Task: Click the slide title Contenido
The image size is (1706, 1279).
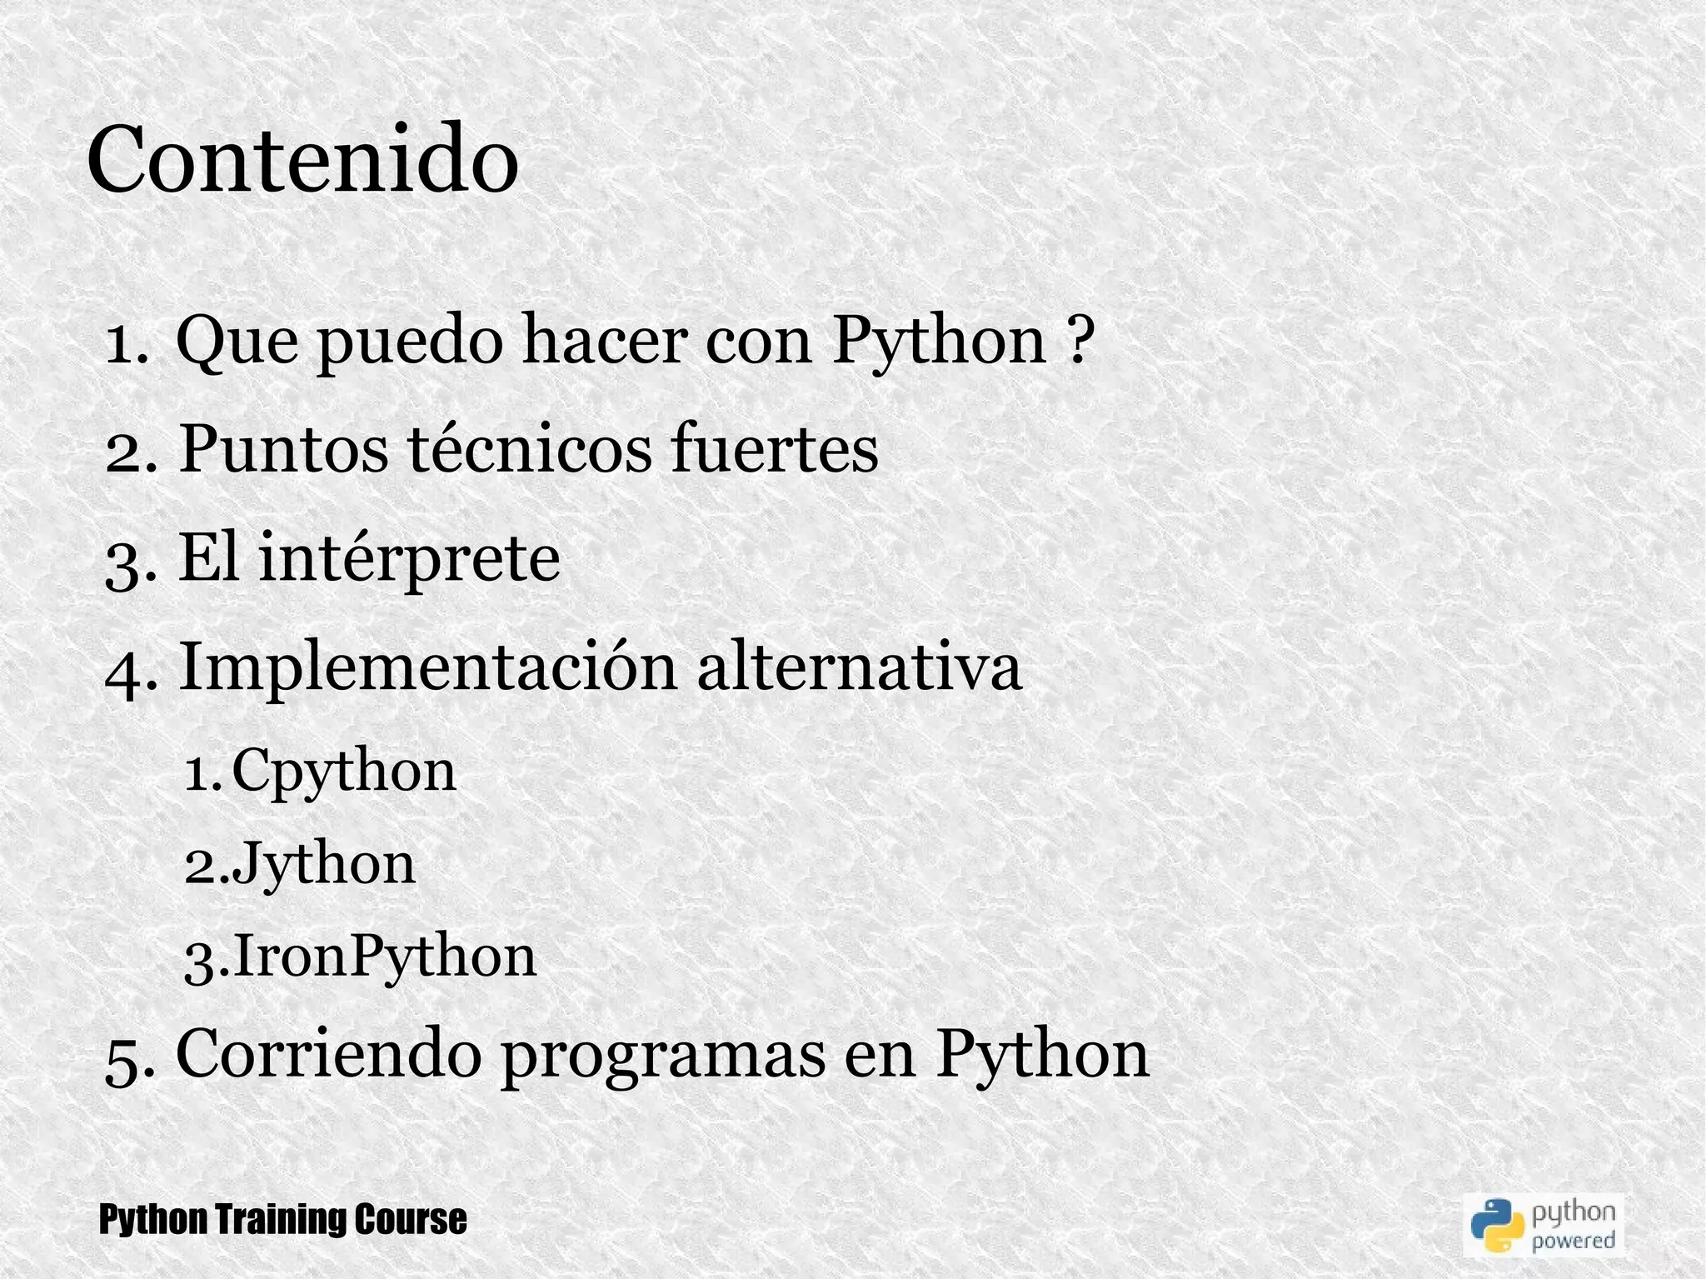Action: coord(302,160)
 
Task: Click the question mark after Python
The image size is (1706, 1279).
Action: coord(1078,340)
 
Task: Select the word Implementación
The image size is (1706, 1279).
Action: coord(427,668)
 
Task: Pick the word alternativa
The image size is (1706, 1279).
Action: coord(859,668)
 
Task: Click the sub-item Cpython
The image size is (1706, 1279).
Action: coord(343,772)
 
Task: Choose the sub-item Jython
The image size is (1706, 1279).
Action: coord(323,865)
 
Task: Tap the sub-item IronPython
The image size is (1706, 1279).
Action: coord(384,957)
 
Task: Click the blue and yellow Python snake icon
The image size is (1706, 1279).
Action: coord(1497,1225)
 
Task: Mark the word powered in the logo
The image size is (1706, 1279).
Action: coord(1574,1241)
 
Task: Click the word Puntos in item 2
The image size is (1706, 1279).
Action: coord(283,450)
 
